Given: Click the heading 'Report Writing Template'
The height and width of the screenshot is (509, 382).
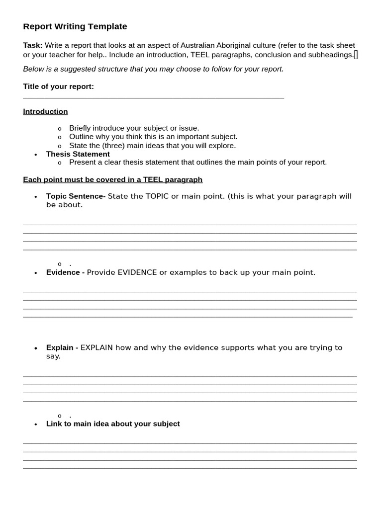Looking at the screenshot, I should click(75, 27).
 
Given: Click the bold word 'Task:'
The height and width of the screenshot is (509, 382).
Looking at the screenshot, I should click(33, 45).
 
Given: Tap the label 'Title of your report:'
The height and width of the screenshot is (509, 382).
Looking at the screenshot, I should click(58, 86).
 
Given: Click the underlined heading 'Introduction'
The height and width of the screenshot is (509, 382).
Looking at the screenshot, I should click(45, 111).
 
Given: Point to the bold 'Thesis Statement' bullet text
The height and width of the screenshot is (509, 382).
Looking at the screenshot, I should click(78, 154).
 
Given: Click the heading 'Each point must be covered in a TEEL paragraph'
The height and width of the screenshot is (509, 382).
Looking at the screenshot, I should click(112, 179).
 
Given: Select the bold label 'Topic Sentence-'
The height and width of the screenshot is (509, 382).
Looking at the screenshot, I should click(76, 196).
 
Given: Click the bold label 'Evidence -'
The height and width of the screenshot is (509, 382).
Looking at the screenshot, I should click(65, 272).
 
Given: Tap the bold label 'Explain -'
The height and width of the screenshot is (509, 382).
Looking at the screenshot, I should click(62, 347).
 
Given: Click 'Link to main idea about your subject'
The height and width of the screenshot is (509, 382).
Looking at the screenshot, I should click(113, 424).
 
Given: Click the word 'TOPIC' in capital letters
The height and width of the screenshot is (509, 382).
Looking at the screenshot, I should click(157, 196).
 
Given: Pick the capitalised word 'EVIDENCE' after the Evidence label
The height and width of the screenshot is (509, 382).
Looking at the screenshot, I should click(137, 272).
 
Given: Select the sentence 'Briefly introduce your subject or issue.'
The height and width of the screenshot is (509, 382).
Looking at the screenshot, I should click(134, 128).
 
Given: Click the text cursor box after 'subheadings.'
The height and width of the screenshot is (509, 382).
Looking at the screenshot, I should click(356, 55).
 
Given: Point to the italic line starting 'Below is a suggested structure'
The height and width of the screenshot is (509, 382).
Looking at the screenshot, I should click(153, 69).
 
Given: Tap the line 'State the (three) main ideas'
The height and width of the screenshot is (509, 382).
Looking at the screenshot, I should click(152, 146).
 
